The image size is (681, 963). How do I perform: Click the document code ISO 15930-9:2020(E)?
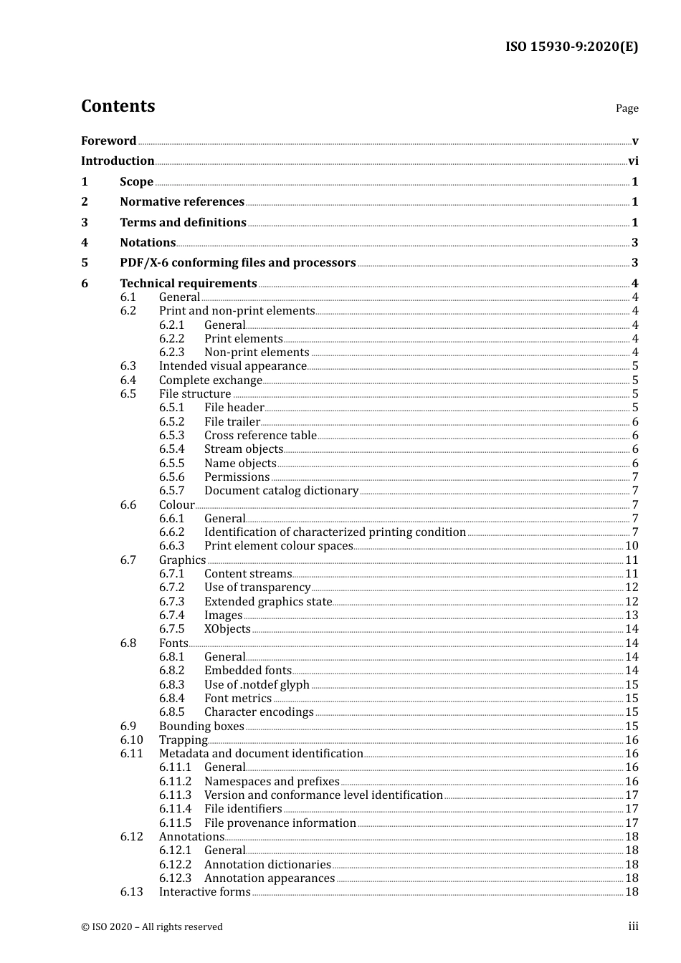click(x=571, y=47)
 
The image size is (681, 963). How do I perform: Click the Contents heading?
click(x=118, y=106)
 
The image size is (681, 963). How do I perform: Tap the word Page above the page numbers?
click(x=627, y=108)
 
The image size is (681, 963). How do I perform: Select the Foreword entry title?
click(x=108, y=140)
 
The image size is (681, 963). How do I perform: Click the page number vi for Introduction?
click(x=633, y=161)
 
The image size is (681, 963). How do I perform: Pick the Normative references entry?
click(x=182, y=202)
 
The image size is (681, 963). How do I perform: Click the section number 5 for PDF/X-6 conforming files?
click(x=85, y=263)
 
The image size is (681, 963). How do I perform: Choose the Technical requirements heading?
click(x=188, y=284)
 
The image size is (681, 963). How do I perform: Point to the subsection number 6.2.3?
click(x=171, y=353)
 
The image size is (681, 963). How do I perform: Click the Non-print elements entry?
click(x=257, y=353)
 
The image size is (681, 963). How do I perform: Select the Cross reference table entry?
click(x=260, y=436)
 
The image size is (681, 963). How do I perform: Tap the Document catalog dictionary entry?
click(x=281, y=491)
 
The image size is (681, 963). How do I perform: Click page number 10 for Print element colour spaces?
click(x=632, y=546)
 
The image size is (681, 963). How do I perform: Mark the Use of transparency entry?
click(x=257, y=588)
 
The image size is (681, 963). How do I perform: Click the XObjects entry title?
click(x=227, y=629)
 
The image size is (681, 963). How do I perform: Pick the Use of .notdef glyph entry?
click(x=257, y=685)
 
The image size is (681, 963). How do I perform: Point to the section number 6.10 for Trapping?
click(x=131, y=740)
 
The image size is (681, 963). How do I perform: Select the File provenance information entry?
click(x=280, y=823)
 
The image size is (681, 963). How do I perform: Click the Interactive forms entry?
click(x=204, y=892)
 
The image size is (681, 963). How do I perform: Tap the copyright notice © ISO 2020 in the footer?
click(x=152, y=927)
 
